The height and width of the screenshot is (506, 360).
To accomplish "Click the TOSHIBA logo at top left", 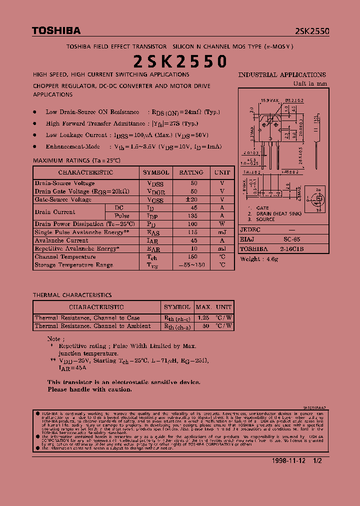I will pos(56,31).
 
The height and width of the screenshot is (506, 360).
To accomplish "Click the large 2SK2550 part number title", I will pos(180,61).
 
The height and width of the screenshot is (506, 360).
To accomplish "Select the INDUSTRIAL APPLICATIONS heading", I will pos(282,75).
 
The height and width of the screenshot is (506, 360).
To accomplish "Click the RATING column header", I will pos(191,172).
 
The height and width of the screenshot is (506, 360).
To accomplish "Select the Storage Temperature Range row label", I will pos(74,265).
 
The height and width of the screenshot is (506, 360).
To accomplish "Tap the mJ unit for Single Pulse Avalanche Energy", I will pos(222,232).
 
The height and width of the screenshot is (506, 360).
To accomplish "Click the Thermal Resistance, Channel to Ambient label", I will pos(92,326).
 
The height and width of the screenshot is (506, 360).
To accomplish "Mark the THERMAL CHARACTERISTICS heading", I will pos(72,295).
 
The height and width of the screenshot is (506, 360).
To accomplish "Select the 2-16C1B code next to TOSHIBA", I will pos(292,248).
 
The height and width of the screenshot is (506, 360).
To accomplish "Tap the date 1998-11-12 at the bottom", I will pos(289,460).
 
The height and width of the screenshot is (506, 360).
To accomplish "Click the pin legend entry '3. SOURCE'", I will pos(261,219).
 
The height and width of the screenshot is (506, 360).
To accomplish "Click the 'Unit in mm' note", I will pos(310,83).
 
